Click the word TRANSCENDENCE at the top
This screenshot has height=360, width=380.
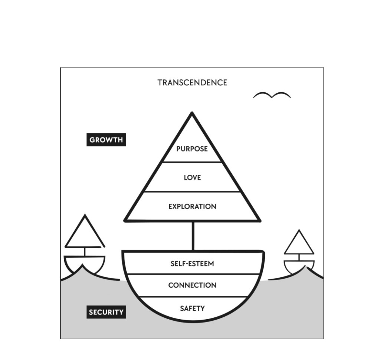(x=192, y=82)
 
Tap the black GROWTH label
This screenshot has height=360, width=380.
(x=106, y=140)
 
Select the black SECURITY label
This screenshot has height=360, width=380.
(x=106, y=312)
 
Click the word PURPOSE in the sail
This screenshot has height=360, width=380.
(x=192, y=149)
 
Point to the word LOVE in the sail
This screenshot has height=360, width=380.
(x=192, y=177)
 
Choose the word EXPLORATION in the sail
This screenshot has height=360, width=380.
(x=192, y=206)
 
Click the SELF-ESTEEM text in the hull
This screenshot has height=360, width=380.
(x=192, y=264)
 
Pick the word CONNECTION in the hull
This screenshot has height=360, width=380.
(x=192, y=285)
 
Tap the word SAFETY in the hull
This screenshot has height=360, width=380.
(x=192, y=308)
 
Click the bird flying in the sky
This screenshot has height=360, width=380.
(x=272, y=95)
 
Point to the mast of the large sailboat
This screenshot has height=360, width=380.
(x=193, y=236)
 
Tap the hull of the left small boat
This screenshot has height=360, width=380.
(x=85, y=263)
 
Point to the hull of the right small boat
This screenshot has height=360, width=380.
(x=299, y=265)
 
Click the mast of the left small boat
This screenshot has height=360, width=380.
(x=85, y=252)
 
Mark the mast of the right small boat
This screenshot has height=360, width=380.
(x=299, y=257)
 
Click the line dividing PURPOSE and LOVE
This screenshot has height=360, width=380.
(x=192, y=162)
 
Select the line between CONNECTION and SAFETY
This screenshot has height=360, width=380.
(x=192, y=297)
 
